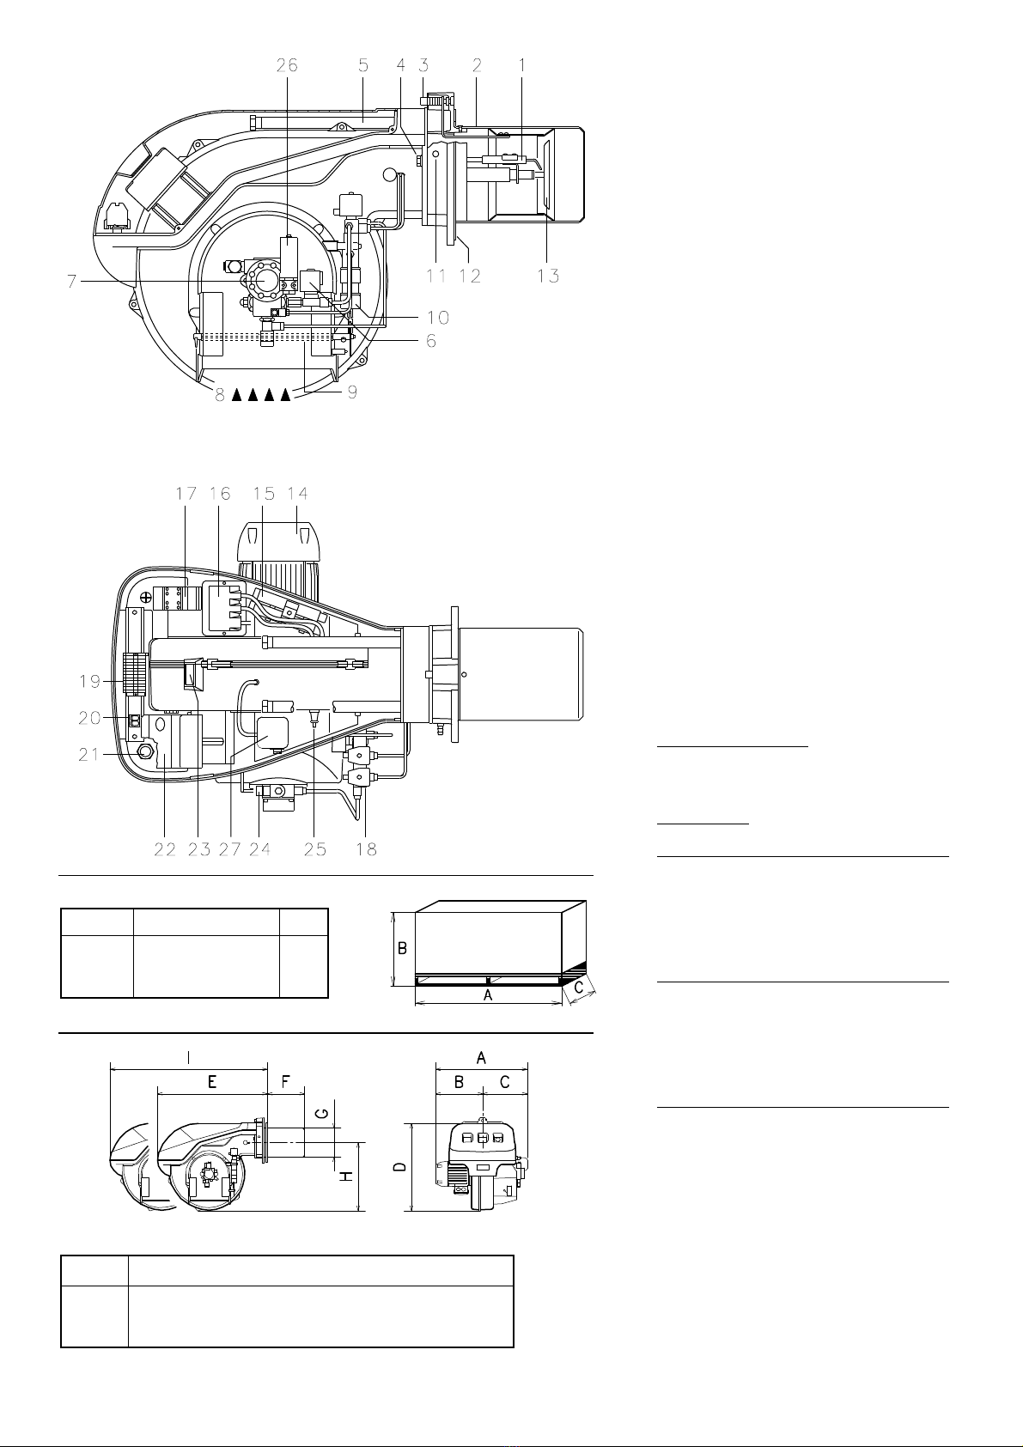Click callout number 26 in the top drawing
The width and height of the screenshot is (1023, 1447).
[287, 65]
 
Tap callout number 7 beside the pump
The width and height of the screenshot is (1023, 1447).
[72, 282]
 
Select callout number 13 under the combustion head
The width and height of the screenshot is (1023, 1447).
[548, 276]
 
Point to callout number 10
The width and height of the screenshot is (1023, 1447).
[438, 317]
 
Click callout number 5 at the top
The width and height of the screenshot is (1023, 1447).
[363, 65]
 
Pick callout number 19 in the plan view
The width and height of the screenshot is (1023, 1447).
[90, 681]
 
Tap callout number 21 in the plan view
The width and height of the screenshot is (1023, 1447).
[89, 754]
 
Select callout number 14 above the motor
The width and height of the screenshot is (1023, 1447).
[297, 494]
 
